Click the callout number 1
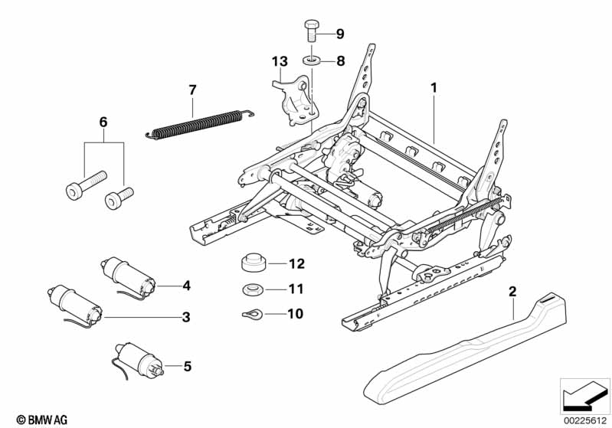[x=434, y=88]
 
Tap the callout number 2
[x=512, y=292]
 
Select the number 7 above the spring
[x=193, y=90]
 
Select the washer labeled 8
[x=311, y=60]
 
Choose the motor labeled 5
[x=138, y=359]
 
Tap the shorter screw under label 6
[x=117, y=198]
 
